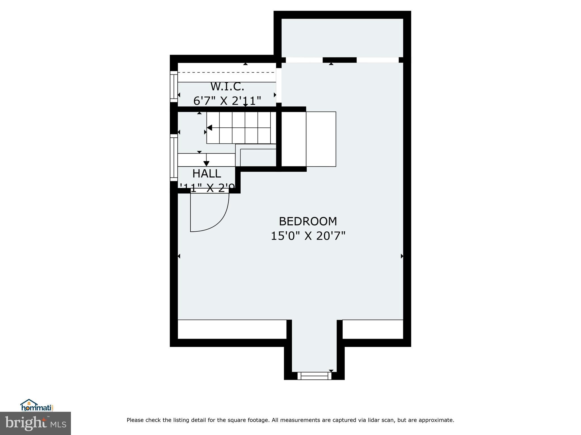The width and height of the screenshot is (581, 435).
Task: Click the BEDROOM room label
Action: tap(308, 221)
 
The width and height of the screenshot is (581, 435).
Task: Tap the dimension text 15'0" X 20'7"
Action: tap(308, 236)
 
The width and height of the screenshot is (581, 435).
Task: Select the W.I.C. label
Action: tap(227, 87)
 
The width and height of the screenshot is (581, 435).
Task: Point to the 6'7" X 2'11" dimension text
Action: tap(227, 101)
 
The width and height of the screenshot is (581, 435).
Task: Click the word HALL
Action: tap(207, 174)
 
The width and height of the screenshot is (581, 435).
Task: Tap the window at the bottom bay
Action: tap(314, 376)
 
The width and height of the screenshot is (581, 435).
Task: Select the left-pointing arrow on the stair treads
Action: tap(209, 128)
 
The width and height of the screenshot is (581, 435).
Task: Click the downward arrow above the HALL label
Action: tap(206, 163)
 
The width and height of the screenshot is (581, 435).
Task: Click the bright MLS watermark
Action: tap(35, 423)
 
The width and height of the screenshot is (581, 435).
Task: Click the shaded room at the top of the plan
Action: tap(342, 38)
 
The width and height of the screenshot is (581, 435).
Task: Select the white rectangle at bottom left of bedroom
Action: tap(232, 329)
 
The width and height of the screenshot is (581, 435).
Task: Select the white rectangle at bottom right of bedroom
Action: tap(372, 329)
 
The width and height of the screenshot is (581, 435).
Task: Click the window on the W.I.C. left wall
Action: tap(173, 86)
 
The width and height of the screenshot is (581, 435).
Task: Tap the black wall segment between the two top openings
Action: tap(340, 60)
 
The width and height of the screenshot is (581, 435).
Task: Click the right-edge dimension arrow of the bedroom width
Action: tap(402, 256)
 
